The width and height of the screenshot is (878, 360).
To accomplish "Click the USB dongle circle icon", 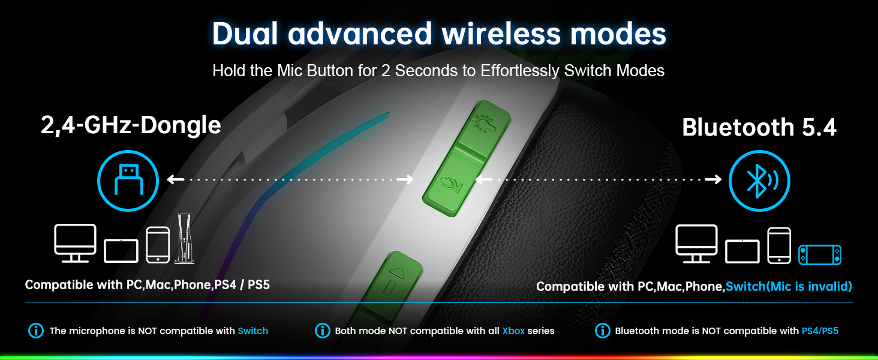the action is (x=128, y=181).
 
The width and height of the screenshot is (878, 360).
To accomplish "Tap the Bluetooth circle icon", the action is (x=759, y=181).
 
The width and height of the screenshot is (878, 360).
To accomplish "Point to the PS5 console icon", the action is (x=184, y=238).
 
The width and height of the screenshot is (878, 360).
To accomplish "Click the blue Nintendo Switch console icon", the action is (x=820, y=254).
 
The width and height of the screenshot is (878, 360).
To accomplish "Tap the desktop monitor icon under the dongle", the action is (x=75, y=243).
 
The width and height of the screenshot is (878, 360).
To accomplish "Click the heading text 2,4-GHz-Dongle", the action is (x=131, y=125).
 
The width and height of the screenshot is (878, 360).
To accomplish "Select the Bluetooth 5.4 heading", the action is (x=759, y=127).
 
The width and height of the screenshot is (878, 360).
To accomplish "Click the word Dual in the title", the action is (x=245, y=34).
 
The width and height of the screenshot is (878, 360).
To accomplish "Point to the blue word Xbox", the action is (x=513, y=331).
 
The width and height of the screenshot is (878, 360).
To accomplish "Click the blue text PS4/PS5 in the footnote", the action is (x=820, y=331).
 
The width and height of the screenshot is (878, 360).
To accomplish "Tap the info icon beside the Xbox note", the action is (x=322, y=331).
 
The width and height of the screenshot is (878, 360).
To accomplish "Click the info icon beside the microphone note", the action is (x=35, y=331).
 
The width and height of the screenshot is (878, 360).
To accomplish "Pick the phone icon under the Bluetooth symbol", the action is (x=779, y=245).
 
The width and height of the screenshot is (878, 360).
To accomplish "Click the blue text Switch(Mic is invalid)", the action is (x=789, y=286).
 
